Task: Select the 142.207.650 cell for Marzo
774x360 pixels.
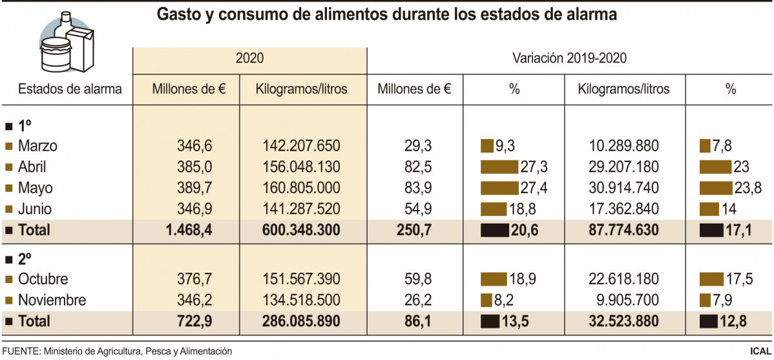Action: click(x=302, y=146)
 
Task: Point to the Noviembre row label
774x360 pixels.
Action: click(x=52, y=301)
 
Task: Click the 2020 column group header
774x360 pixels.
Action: click(x=249, y=58)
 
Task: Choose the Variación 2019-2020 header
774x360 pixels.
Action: click(x=570, y=58)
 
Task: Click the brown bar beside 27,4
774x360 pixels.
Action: click(x=500, y=188)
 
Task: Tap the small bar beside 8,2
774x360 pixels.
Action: click(x=486, y=301)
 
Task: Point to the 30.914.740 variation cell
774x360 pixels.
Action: click(x=623, y=188)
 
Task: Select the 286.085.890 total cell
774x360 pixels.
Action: click(x=302, y=321)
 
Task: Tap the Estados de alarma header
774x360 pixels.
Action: click(x=70, y=89)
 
